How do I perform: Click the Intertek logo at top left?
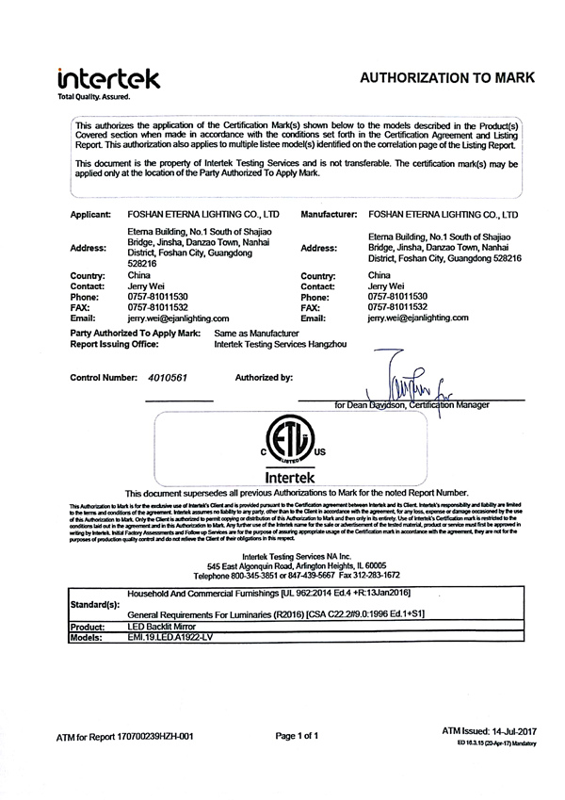pyautogui.click(x=108, y=77)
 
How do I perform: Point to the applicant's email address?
pyautogui.click(x=179, y=318)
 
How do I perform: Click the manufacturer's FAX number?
pyautogui.click(x=397, y=307)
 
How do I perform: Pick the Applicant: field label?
pyautogui.click(x=91, y=216)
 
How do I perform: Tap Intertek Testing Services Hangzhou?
pyautogui.click(x=282, y=345)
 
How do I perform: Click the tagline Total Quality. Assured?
pyautogui.click(x=94, y=97)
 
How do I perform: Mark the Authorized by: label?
pyautogui.click(x=264, y=377)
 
